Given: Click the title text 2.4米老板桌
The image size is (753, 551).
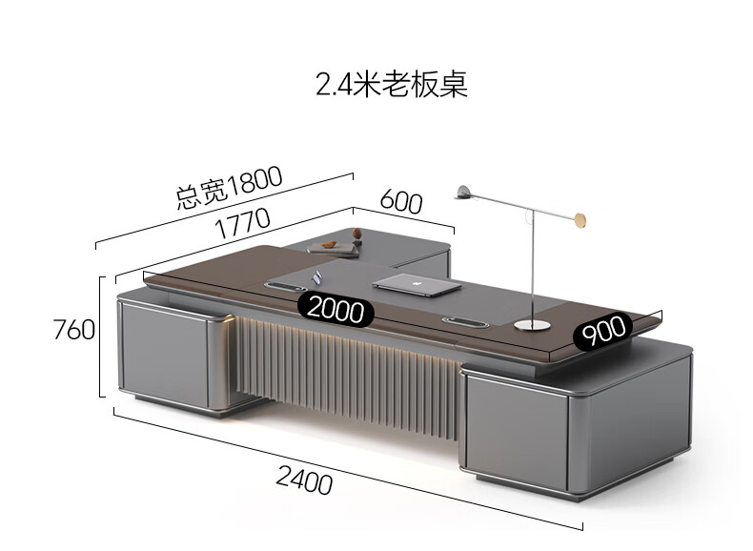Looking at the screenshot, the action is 392,85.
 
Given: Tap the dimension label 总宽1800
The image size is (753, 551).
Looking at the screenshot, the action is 230,187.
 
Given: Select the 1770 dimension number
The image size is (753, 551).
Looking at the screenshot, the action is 242,226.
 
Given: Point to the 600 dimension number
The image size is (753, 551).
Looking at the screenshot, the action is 401,201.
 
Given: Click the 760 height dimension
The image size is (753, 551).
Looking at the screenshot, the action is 73,330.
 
